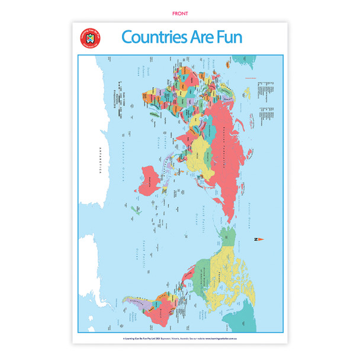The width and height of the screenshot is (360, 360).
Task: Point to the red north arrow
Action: pos(259,239)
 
